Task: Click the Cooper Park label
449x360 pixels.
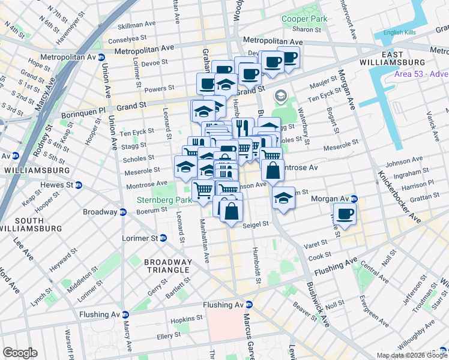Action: (x=305, y=19)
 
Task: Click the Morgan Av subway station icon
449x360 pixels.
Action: (x=355, y=199)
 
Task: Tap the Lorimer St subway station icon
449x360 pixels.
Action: (x=164, y=238)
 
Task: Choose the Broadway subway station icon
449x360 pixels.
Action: (x=123, y=212)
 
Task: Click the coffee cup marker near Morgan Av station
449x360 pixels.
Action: (x=345, y=214)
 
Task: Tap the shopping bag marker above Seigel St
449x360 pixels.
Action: (x=231, y=211)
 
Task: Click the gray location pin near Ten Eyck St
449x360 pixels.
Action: (x=280, y=95)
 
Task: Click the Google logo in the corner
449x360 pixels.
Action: (x=20, y=353)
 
